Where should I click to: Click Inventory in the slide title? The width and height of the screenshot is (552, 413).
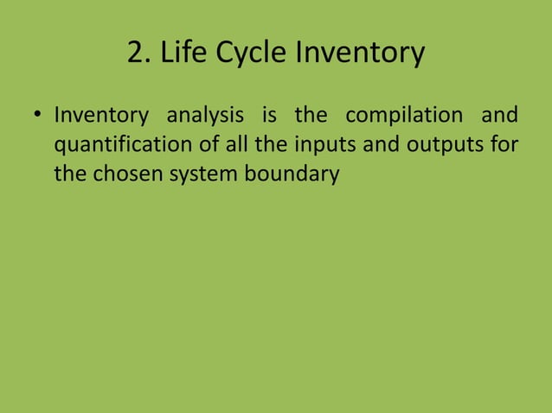point(360,54)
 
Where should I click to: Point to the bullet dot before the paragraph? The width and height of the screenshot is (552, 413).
point(38,116)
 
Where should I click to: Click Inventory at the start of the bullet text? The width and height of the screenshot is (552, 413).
point(100,115)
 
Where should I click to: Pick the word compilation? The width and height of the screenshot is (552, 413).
point(402,115)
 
